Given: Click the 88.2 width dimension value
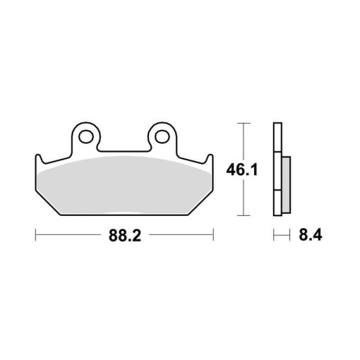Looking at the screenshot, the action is coord(125,236).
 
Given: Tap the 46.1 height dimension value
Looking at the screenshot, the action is coord(242,169).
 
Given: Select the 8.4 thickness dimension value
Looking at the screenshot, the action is coord(311,235).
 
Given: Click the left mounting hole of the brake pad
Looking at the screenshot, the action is coord(86,137).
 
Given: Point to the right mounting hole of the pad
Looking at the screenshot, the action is coord(162,137).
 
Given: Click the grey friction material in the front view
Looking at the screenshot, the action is coord(125,186).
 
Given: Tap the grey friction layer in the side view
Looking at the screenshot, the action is coord(286,185).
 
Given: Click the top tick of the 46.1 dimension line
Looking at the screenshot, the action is coord(244,123).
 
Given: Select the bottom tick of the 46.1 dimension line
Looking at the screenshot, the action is coord(244,215).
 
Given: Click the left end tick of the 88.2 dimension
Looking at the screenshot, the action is coord(35,234).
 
